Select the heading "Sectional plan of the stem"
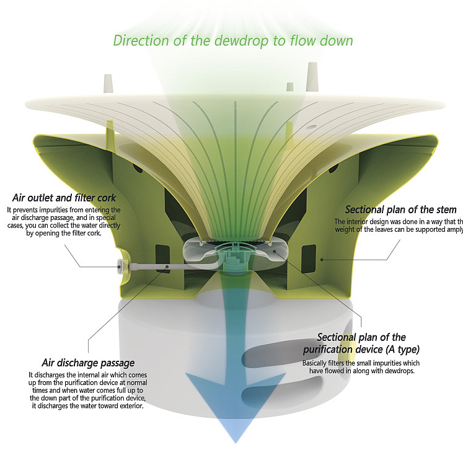400,209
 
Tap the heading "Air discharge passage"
88,363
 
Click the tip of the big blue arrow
236,441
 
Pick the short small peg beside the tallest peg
289,87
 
